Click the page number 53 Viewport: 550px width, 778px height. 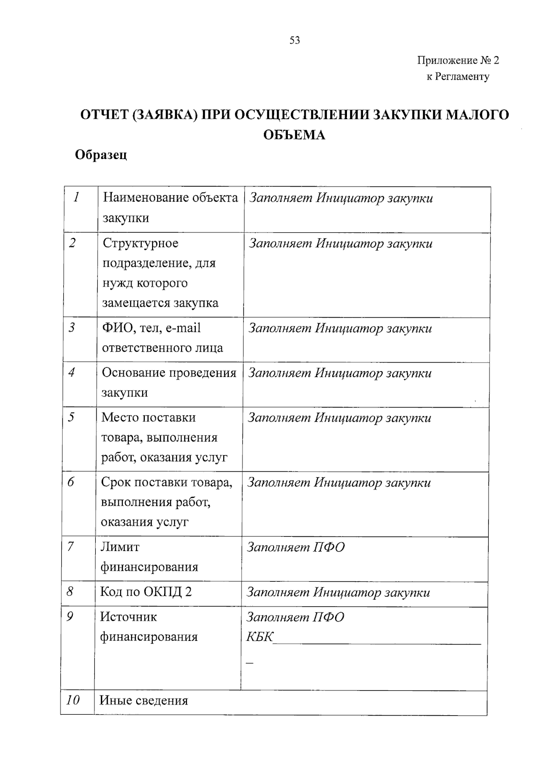pos(295,40)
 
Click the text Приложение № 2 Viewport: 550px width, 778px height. pos(457,61)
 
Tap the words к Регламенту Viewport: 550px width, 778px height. pos(457,77)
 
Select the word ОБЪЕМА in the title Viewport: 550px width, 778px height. pos(294,135)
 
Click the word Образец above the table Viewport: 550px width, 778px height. pos(101,155)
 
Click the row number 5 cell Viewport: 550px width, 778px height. pos(72,417)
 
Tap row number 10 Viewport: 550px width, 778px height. pos(73,700)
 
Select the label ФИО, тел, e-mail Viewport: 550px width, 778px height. pos(151,328)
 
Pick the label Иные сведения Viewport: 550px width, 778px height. pos(143,701)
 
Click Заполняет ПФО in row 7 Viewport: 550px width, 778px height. pos(296,547)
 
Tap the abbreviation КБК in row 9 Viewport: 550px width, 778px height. pos(259,637)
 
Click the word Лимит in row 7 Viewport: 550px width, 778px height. pos(120,546)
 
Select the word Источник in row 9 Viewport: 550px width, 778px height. pos(128,617)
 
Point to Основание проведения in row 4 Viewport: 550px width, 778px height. pos(169,373)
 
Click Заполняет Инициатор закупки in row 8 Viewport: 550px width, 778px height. pos(338,592)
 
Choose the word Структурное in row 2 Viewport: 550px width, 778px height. pos(140,243)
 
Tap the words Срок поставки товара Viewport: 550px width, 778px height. pos(166,482)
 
